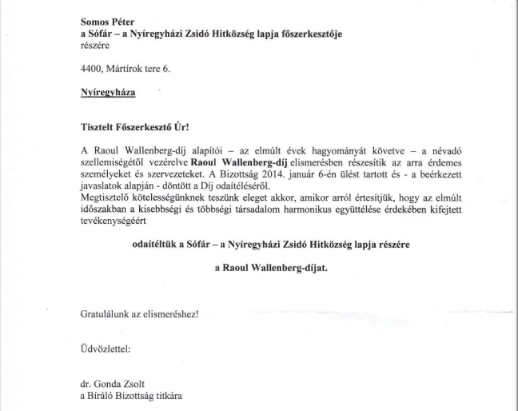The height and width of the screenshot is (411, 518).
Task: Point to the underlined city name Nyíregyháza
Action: pos(108,95)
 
